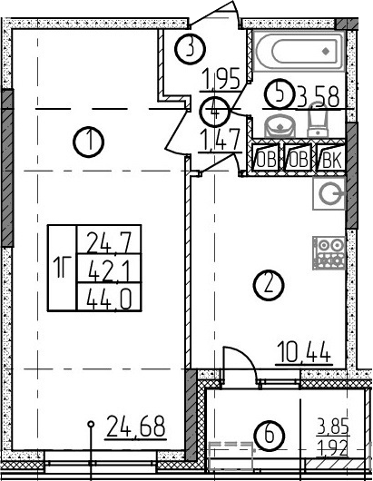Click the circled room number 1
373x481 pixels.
[89, 142]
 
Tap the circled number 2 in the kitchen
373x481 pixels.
[269, 285]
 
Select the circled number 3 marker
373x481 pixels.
[191, 49]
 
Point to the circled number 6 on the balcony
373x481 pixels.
[269, 436]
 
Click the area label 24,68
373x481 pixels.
[135, 427]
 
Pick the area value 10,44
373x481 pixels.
[304, 353]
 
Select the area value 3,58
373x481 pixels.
[319, 97]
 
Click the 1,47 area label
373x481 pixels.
[220, 140]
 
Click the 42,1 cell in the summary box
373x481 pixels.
[109, 269]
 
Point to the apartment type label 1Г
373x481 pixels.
[62, 268]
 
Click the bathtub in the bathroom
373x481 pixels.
[299, 51]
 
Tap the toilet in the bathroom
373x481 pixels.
[318, 120]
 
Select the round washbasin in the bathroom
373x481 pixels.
[280, 125]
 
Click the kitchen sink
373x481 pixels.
[329, 194]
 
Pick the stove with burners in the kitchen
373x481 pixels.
[329, 253]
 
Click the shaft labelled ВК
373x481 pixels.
[330, 158]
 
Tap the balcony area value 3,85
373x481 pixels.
[333, 427]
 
